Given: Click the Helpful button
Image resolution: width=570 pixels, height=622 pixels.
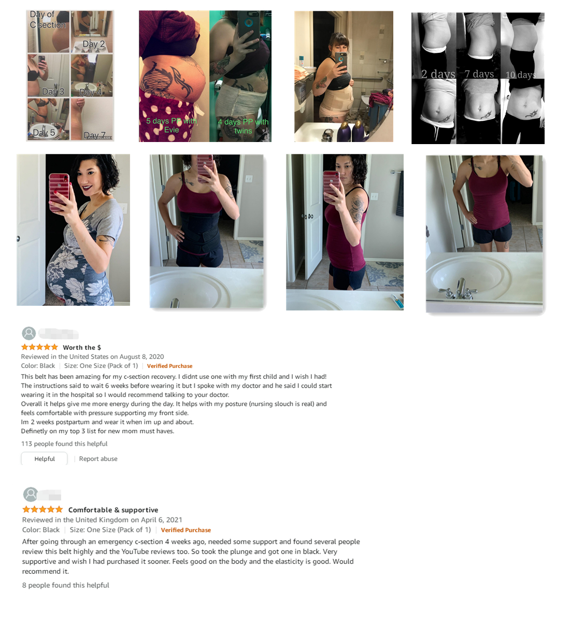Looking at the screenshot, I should coord(45,459).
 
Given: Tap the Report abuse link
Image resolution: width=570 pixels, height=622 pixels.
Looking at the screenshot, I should coord(98,459).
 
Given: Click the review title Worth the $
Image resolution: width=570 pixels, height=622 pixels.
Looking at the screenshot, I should coord(82,347).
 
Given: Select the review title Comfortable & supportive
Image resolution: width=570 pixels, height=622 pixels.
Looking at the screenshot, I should coord(113,510).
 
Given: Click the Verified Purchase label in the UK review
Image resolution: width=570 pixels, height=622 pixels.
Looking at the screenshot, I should coord(186,530).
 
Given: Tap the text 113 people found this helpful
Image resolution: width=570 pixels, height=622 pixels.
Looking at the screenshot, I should coord(64,444).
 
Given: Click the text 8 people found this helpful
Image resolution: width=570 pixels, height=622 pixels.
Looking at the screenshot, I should coord(66,585).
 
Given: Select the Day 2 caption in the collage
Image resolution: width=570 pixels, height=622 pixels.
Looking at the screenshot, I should coord(94,44).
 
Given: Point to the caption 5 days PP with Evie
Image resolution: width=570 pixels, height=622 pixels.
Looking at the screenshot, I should coord(172,125).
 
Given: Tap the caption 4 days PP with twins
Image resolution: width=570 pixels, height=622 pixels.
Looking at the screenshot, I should coord(243,126).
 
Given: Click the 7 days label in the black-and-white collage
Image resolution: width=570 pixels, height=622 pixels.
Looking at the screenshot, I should coord(479,74).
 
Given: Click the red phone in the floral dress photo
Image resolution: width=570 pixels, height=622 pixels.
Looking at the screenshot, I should coord(59,192).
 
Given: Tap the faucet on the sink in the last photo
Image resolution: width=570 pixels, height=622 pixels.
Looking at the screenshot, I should coord(460,290).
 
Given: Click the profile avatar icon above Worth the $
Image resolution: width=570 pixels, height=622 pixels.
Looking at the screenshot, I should coord(29,333).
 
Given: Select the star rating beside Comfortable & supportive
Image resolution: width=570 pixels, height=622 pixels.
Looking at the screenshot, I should coord(42,510).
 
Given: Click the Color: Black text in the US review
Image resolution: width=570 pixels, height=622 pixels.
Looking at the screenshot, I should coord(38,366).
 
